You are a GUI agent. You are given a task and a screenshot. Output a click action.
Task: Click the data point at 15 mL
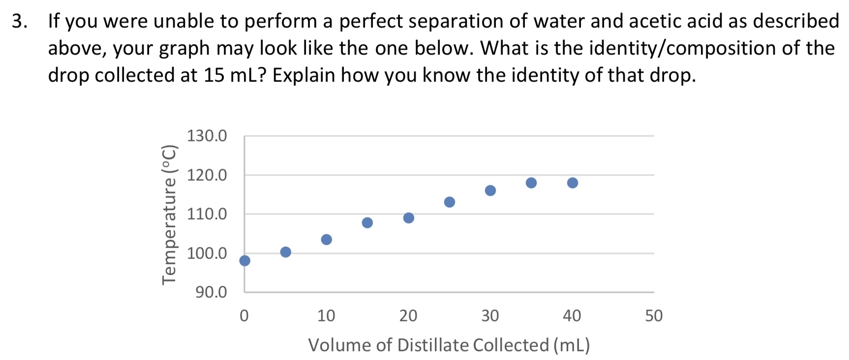point(367,223)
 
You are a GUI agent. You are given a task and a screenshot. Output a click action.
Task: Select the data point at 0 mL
point(244,261)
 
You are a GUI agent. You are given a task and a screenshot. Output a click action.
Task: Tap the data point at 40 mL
point(573,183)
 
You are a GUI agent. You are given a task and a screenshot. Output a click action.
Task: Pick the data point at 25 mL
point(450,202)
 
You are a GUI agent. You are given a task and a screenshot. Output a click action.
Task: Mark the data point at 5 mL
point(286,252)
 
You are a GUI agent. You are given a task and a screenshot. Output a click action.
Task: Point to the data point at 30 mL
point(490,191)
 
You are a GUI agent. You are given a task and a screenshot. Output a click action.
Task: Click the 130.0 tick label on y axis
point(207,136)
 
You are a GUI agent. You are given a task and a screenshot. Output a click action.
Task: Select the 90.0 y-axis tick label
point(212,293)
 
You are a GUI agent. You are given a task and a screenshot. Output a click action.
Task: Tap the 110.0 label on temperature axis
point(207,214)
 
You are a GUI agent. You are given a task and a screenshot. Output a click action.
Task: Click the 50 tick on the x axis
point(654,316)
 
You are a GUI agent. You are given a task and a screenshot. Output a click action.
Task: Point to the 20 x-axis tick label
point(408,316)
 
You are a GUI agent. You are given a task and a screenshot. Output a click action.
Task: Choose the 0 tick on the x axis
point(244,316)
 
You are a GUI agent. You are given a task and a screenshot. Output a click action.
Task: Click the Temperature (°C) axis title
point(169,214)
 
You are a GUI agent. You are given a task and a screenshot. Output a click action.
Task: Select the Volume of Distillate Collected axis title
point(449,345)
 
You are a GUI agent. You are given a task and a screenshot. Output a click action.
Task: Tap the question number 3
point(19,21)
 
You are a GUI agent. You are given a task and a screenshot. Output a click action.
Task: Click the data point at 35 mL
point(531,183)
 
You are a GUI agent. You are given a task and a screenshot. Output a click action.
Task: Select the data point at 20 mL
point(409,218)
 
